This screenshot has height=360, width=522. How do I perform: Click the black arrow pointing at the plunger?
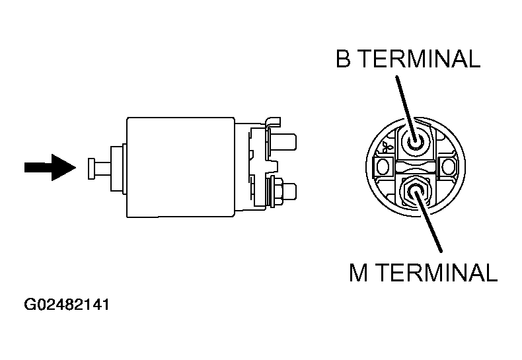pyautogui.click(x=50, y=167)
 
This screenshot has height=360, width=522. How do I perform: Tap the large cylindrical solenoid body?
pyautogui.click(x=180, y=167)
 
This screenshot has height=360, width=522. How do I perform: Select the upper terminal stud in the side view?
pyautogui.click(x=283, y=141)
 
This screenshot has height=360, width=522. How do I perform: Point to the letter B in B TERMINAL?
pyautogui.click(x=343, y=59)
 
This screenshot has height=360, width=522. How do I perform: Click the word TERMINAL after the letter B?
pyautogui.click(x=420, y=59)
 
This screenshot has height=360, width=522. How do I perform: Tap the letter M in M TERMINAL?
pyautogui.click(x=359, y=273)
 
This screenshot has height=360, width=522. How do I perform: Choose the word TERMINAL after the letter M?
pyautogui.click(x=437, y=273)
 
